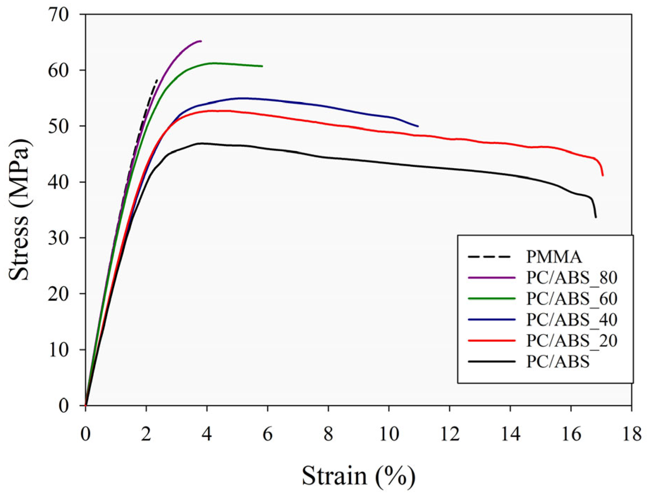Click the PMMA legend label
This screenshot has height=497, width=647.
(554, 257)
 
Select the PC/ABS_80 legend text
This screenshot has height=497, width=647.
(572, 278)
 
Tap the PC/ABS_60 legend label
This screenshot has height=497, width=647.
(572, 298)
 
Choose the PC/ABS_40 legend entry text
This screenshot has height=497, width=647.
(572, 320)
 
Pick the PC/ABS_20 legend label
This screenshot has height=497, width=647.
(572, 340)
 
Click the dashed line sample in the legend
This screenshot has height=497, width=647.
(489, 257)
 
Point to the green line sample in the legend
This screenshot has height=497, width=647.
(492, 298)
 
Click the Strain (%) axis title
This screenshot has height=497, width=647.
(358, 476)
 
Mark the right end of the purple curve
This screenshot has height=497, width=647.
(201, 41)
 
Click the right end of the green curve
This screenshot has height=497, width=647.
(262, 66)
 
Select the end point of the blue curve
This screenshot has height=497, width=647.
(418, 126)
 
